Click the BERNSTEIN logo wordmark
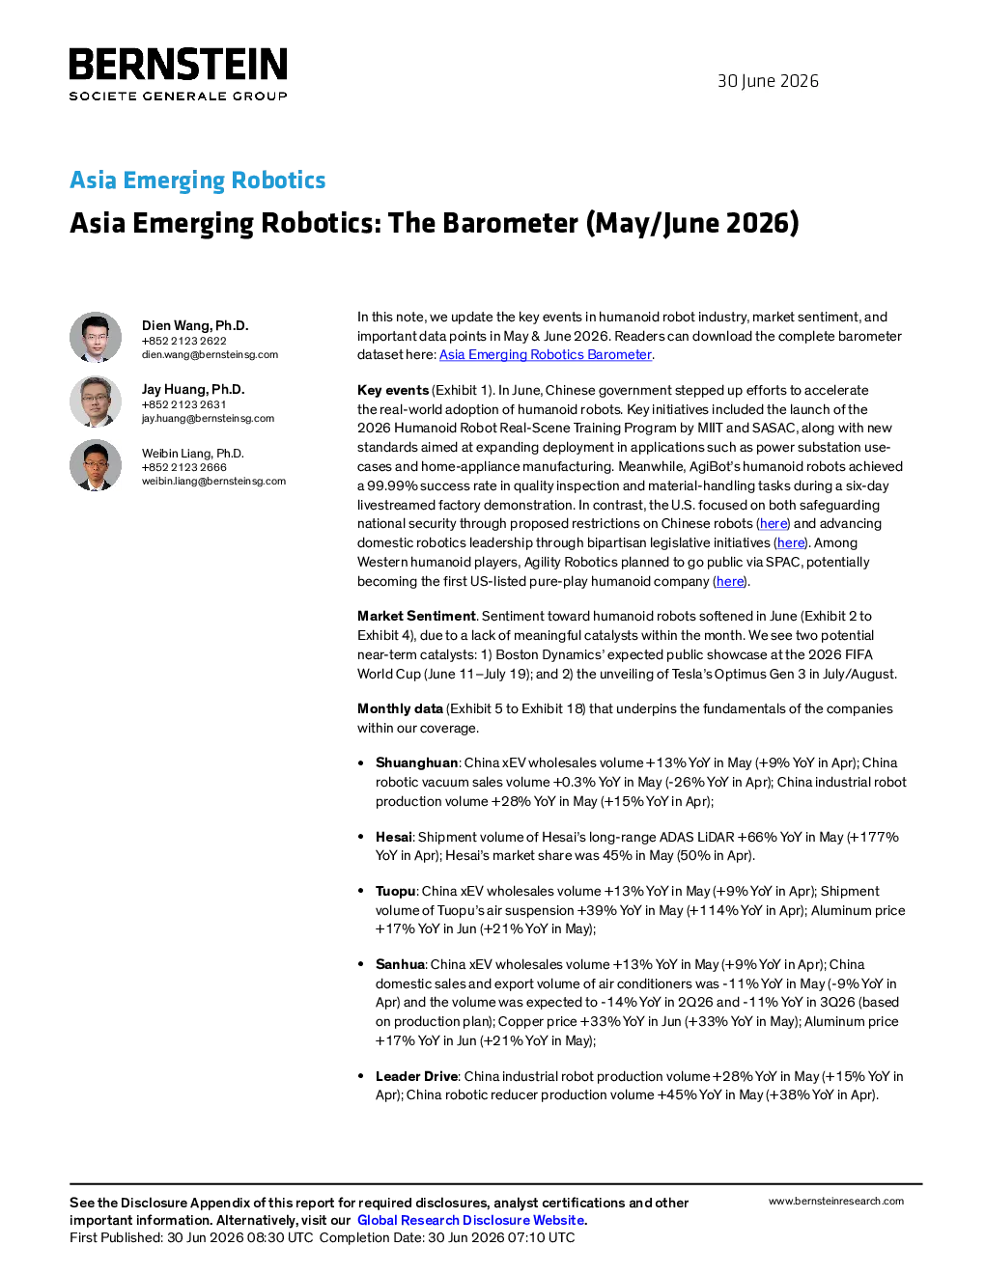179,64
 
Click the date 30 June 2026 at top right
768,81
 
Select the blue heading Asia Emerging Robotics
198,180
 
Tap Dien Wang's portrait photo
96,337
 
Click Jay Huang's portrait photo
96,401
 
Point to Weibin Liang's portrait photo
96,465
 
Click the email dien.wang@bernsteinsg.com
210,355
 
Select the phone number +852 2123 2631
184,404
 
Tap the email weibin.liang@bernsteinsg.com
213,482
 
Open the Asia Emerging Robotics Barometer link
546,355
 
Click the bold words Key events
393,391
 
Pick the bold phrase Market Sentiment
416,616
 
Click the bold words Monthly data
400,708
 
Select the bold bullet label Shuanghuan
416,762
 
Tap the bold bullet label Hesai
394,837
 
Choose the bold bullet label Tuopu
396,891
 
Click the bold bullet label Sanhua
400,964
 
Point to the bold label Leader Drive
416,1076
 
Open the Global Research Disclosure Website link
471,1220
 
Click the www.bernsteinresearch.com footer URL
836,1201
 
